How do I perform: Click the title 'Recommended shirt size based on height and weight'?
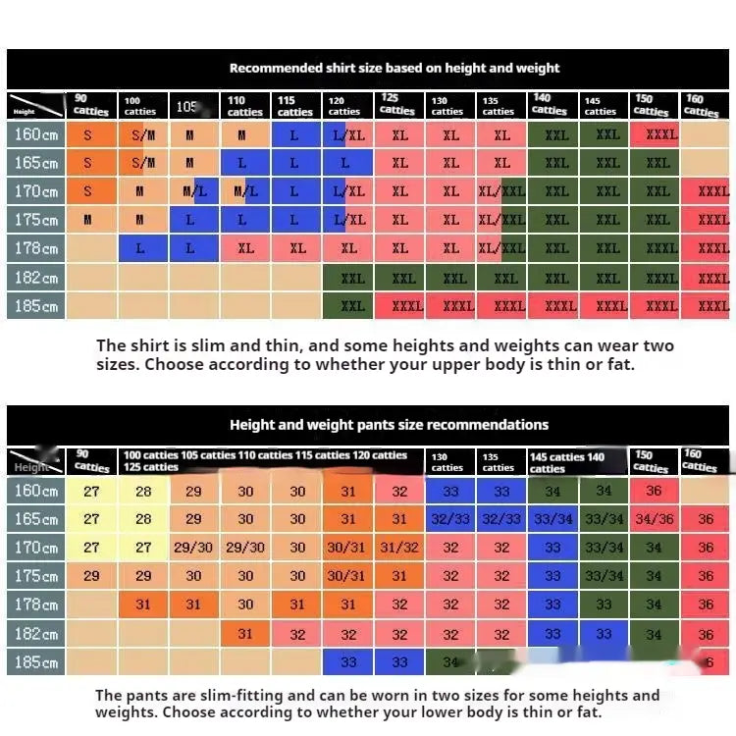(x=394, y=69)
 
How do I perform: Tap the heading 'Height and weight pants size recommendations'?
(x=389, y=425)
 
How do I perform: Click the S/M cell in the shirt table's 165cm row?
(x=142, y=163)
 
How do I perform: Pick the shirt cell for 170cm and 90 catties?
(x=87, y=191)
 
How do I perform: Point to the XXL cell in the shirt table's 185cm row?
(x=352, y=306)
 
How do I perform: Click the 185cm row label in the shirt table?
(x=36, y=306)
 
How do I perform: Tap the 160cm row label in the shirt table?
(x=36, y=134)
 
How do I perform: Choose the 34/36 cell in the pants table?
(x=654, y=519)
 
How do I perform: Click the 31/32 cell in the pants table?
(x=399, y=548)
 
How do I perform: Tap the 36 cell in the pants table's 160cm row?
(x=654, y=491)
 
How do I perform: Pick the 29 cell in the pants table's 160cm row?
(x=193, y=491)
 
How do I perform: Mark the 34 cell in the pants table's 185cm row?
(x=450, y=662)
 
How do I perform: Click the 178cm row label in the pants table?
(x=36, y=605)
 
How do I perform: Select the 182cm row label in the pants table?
(x=36, y=634)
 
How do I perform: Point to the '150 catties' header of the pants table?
(x=650, y=461)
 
